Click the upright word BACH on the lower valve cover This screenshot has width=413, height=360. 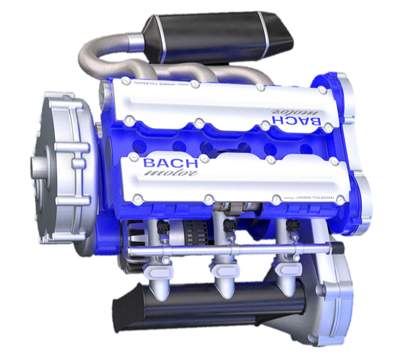pos(170,163)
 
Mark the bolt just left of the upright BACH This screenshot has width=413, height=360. pos(134,158)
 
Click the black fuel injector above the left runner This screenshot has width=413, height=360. pos(163,227)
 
